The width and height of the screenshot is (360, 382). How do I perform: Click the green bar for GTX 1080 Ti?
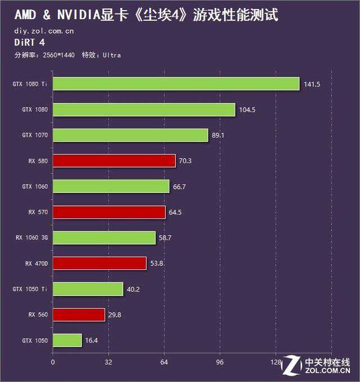[175, 84]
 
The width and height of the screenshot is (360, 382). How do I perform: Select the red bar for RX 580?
[114, 161]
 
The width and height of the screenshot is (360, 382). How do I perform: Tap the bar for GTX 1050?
[67, 340]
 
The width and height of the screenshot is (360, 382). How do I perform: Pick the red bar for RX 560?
[79, 314]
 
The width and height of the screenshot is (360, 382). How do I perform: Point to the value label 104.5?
[247, 110]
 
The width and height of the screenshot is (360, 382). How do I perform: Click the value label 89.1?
[218, 135]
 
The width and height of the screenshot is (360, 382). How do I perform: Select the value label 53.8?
[157, 263]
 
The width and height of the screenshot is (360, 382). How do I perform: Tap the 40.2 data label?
[133, 289]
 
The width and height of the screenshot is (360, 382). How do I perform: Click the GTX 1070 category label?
[35, 135]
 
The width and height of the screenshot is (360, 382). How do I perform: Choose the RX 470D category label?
[37, 263]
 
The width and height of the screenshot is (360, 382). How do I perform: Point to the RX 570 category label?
[38, 212]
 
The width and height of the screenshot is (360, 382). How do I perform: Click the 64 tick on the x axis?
[164, 362]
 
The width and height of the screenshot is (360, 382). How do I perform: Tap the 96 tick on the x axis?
[220, 362]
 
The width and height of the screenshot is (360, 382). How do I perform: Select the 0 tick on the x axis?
[53, 362]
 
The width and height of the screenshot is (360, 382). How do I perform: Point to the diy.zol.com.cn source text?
[44, 31]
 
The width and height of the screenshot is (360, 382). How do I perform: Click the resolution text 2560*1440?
[57, 55]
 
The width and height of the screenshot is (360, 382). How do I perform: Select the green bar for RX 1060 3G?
[104, 238]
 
